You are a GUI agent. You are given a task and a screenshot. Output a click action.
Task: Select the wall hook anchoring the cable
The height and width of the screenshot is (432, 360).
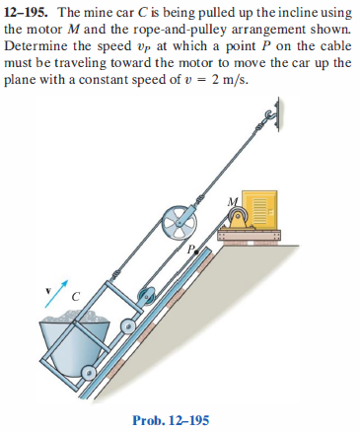tap(280, 109)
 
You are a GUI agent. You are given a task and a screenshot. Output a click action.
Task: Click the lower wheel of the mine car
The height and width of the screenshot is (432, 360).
tap(90, 373)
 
